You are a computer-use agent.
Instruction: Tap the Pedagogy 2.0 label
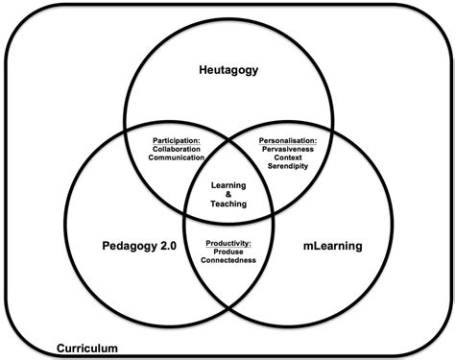137,246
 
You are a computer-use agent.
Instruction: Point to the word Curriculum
86,348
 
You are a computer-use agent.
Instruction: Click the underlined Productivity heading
229,243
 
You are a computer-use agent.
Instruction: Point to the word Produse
229,252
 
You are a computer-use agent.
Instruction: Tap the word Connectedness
229,260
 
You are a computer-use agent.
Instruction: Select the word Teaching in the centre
228,203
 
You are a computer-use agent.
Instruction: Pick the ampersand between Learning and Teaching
228,192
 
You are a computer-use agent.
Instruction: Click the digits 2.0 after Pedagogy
165,246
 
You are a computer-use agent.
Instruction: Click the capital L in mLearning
313,246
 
